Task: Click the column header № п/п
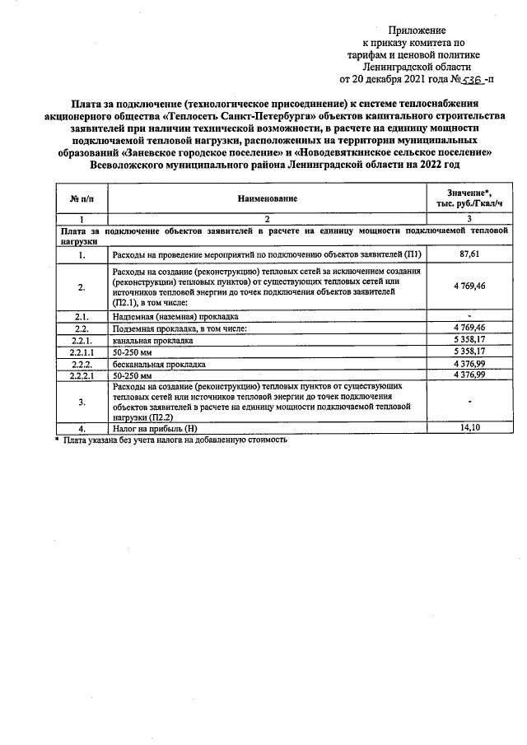(x=82, y=198)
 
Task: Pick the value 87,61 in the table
(x=469, y=255)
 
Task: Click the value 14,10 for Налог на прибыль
(x=469, y=428)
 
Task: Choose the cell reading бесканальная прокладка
(x=159, y=363)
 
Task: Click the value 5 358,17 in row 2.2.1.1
(x=469, y=352)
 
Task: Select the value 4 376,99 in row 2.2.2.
(x=469, y=363)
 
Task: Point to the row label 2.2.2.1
(x=82, y=375)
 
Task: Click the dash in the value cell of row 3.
(x=469, y=402)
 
